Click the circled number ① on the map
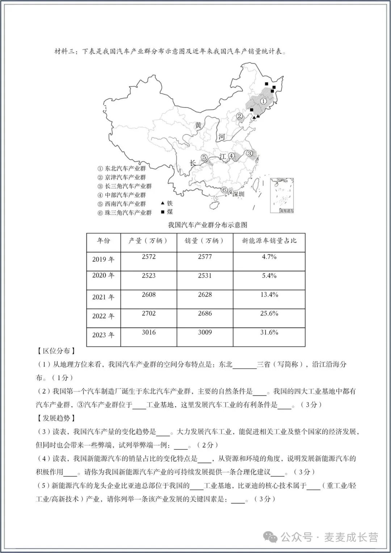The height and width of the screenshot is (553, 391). [264, 101]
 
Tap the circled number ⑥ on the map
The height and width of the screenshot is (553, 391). [224, 190]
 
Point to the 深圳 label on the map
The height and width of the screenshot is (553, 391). [238, 194]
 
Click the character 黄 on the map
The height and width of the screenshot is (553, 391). [198, 125]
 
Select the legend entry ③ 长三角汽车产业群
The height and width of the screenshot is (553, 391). [125, 186]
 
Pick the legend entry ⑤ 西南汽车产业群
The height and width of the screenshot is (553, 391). [122, 204]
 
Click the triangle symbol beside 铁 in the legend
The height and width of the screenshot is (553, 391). [163, 204]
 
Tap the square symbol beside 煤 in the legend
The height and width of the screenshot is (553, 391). [163, 212]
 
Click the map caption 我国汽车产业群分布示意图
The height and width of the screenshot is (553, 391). [207, 225]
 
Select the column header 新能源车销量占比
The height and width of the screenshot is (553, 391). [269, 241]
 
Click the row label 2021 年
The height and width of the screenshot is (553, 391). [103, 297]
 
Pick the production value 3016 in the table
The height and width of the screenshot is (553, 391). [149, 332]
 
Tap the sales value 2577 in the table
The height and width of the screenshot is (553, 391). [205, 257]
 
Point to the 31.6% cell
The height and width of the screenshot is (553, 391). [269, 332]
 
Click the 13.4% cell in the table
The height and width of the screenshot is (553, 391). [269, 295]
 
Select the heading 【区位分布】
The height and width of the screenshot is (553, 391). [56, 351]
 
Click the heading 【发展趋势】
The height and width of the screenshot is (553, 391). [56, 418]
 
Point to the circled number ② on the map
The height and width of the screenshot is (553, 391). [240, 116]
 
